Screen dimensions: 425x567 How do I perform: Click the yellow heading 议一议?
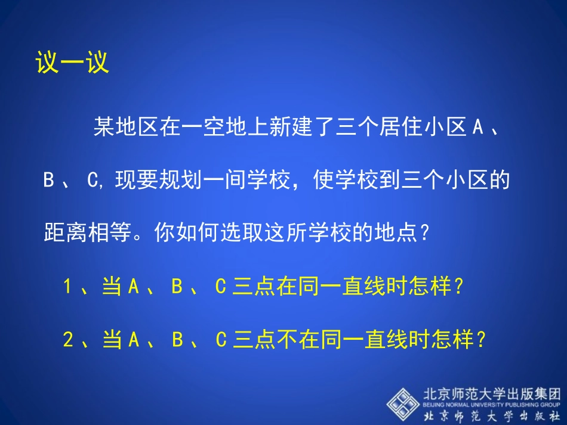pos(72,62)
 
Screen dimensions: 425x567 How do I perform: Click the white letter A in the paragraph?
pos(477,128)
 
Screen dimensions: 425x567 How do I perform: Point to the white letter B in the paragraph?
pos(49,181)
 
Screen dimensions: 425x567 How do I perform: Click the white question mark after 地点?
pos(425,232)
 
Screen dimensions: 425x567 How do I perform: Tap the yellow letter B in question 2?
pos(177,341)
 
